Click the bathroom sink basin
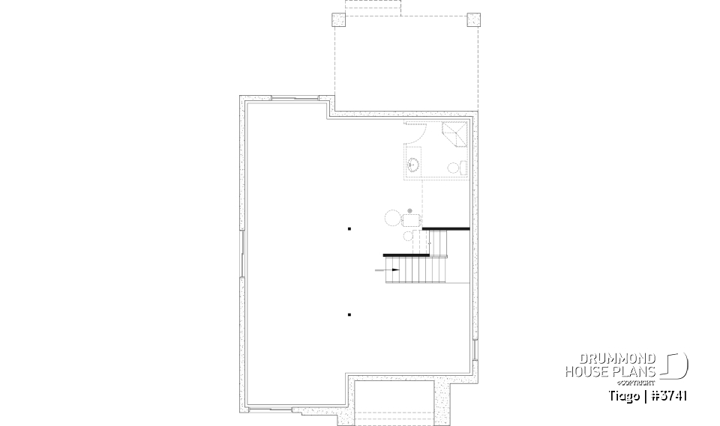pos(413,164)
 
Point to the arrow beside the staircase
pos(391,270)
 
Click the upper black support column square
pos(349,228)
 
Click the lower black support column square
pos(349,315)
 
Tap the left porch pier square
pos(337,19)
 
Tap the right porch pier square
pos(472,19)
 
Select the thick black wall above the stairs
pos(445,228)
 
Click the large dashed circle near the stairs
pos(393,219)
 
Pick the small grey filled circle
pos(409,210)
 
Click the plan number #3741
pos(669,395)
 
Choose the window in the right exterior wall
pos(475,349)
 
